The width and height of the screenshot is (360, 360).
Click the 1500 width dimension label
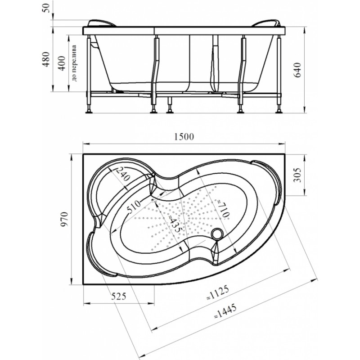pyautogui.click(x=184, y=137)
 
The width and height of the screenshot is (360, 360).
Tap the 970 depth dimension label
pyautogui.click(x=64, y=219)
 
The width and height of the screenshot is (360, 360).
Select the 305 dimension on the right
pyautogui.click(x=297, y=175)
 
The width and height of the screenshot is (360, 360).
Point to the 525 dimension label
pyautogui.click(x=119, y=297)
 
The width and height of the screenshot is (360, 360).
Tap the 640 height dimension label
pyautogui.click(x=297, y=70)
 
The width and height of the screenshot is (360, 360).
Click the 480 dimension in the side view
pyautogui.click(x=46, y=59)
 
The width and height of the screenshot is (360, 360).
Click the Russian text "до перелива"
pyautogui.click(x=74, y=63)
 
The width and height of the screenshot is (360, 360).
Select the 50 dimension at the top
pyautogui.click(x=46, y=8)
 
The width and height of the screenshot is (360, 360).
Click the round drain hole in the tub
pyautogui.click(x=217, y=234)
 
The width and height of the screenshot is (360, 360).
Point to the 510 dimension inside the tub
pyautogui.click(x=133, y=207)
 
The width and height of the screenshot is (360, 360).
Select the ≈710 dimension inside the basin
pyautogui.click(x=222, y=209)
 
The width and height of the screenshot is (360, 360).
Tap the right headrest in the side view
pyautogui.click(x=266, y=23)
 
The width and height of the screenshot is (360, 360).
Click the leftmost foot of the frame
pyautogui.click(x=89, y=112)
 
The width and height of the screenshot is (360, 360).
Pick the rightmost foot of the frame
pyautogui.click(x=279, y=112)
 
